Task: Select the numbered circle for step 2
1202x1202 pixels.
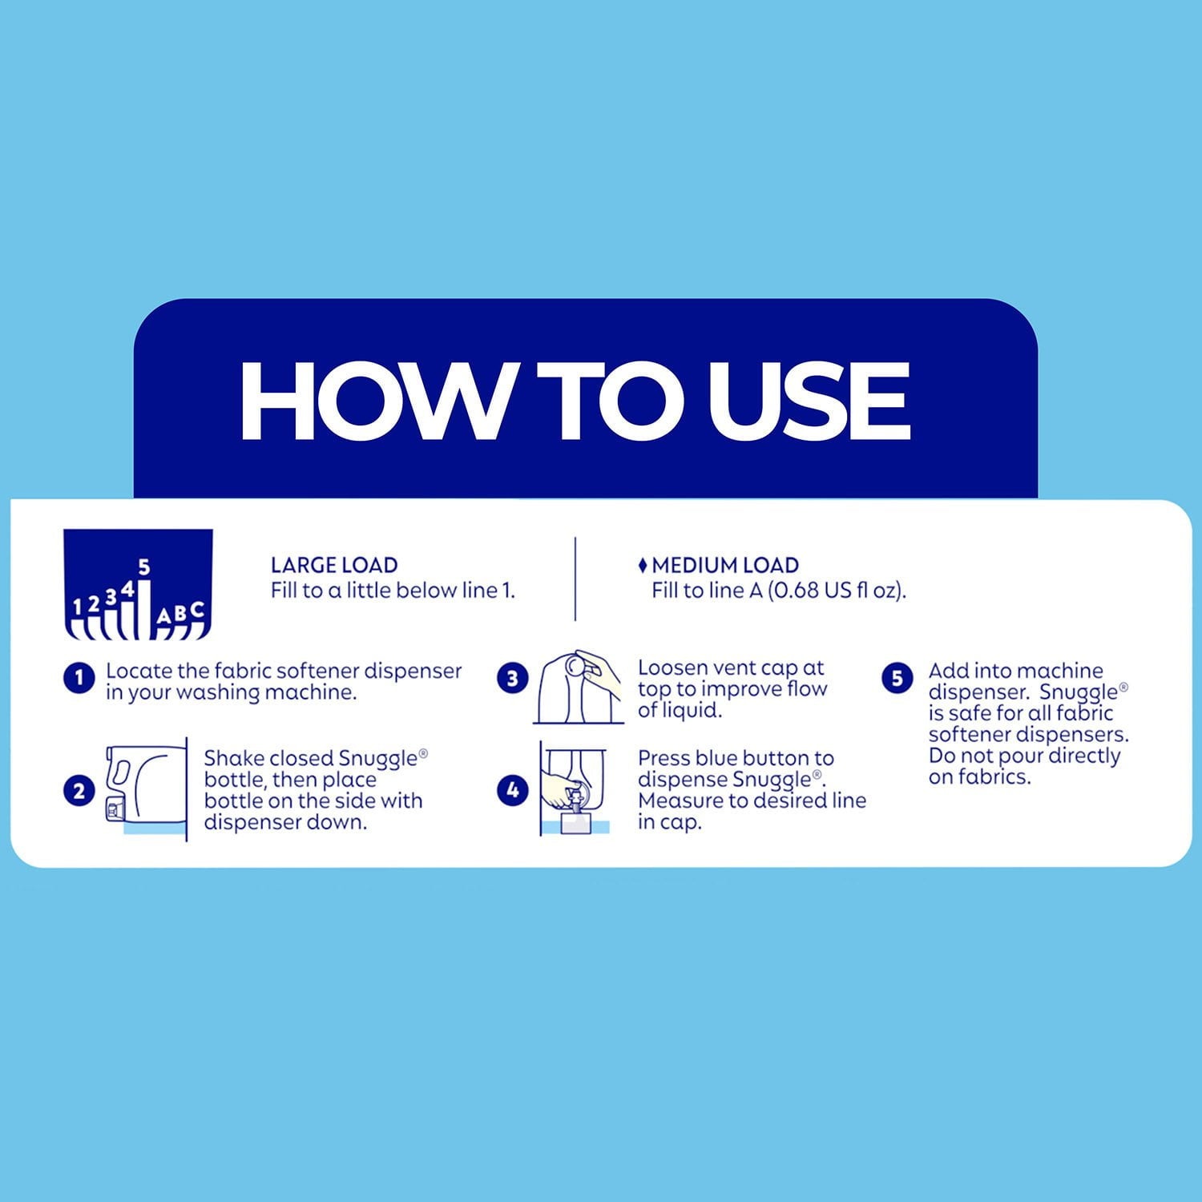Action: coord(79,792)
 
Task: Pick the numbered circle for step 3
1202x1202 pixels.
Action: coord(512,679)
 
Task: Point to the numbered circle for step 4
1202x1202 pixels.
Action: coord(512,791)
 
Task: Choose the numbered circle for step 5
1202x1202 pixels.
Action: coord(897,679)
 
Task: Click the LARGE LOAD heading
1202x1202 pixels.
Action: coord(334,565)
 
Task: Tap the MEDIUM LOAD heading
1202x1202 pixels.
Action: coord(725,565)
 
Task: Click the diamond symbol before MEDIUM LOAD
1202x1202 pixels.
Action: coord(643,566)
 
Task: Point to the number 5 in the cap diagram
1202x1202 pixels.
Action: coord(144,567)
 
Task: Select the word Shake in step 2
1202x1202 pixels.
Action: coord(232,758)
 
